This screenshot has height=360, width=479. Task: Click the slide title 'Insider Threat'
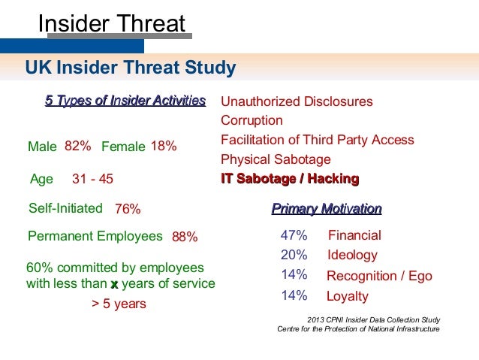pyautogui.click(x=111, y=24)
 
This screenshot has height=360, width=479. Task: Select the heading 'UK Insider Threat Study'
pyautogui.click(x=131, y=69)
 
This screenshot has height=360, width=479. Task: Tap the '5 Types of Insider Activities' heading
pyautogui.click(x=125, y=101)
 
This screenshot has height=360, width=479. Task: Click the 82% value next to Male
pyautogui.click(x=78, y=146)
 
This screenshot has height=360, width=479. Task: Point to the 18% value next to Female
pyautogui.click(x=164, y=146)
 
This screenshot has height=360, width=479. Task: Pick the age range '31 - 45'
pyautogui.click(x=92, y=179)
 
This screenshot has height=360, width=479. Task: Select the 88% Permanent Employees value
pyautogui.click(x=185, y=237)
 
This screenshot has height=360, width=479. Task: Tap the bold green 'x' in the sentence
pyautogui.click(x=114, y=284)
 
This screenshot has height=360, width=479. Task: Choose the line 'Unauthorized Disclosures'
pyautogui.click(x=297, y=101)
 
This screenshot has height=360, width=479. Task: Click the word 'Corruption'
pyautogui.click(x=252, y=120)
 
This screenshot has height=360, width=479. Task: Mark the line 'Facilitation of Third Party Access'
pyautogui.click(x=317, y=140)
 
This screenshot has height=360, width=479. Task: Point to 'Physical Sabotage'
pyautogui.click(x=276, y=159)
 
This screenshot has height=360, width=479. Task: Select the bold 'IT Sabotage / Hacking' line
pyautogui.click(x=290, y=179)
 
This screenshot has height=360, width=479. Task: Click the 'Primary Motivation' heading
pyautogui.click(x=327, y=209)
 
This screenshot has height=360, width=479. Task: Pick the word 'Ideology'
pyautogui.click(x=352, y=255)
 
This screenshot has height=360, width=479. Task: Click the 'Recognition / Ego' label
pyautogui.click(x=379, y=276)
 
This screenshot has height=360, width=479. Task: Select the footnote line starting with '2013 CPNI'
pyautogui.click(x=374, y=320)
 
